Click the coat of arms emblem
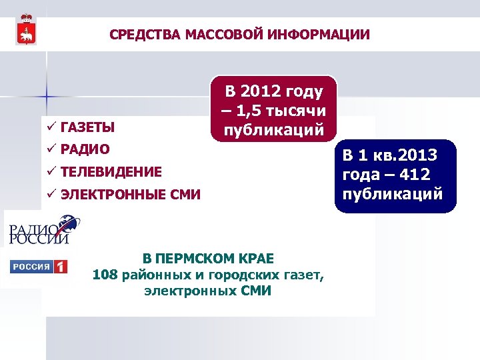[x=27, y=29]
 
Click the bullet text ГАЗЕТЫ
[x=87, y=127]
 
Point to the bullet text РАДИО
[x=85, y=149]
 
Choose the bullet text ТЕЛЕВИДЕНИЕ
[x=111, y=172]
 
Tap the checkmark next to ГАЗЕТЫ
[x=50, y=127]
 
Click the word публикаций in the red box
[x=274, y=129]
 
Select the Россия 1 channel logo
[x=39, y=267]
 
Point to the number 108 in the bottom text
[x=105, y=274]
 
